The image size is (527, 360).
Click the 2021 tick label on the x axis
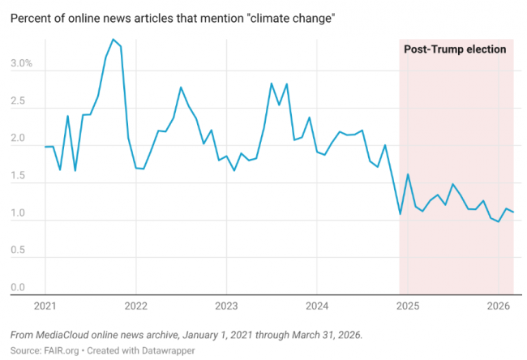coord(45,306)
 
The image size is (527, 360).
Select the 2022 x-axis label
coord(135,306)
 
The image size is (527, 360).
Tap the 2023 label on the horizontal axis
coord(226,306)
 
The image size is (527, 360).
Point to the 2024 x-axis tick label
coord(317,306)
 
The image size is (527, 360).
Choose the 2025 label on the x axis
coord(408,306)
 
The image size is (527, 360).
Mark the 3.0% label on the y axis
coord(22,62)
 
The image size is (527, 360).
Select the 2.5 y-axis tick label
coord(19,101)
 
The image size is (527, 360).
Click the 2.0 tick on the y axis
coord(19,139)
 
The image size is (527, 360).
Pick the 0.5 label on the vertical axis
coord(19,251)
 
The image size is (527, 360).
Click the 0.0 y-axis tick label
coord(19,288)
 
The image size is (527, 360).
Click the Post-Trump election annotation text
coord(455,49)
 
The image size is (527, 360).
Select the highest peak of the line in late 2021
coord(113,40)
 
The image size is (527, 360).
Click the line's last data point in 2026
coord(513,212)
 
